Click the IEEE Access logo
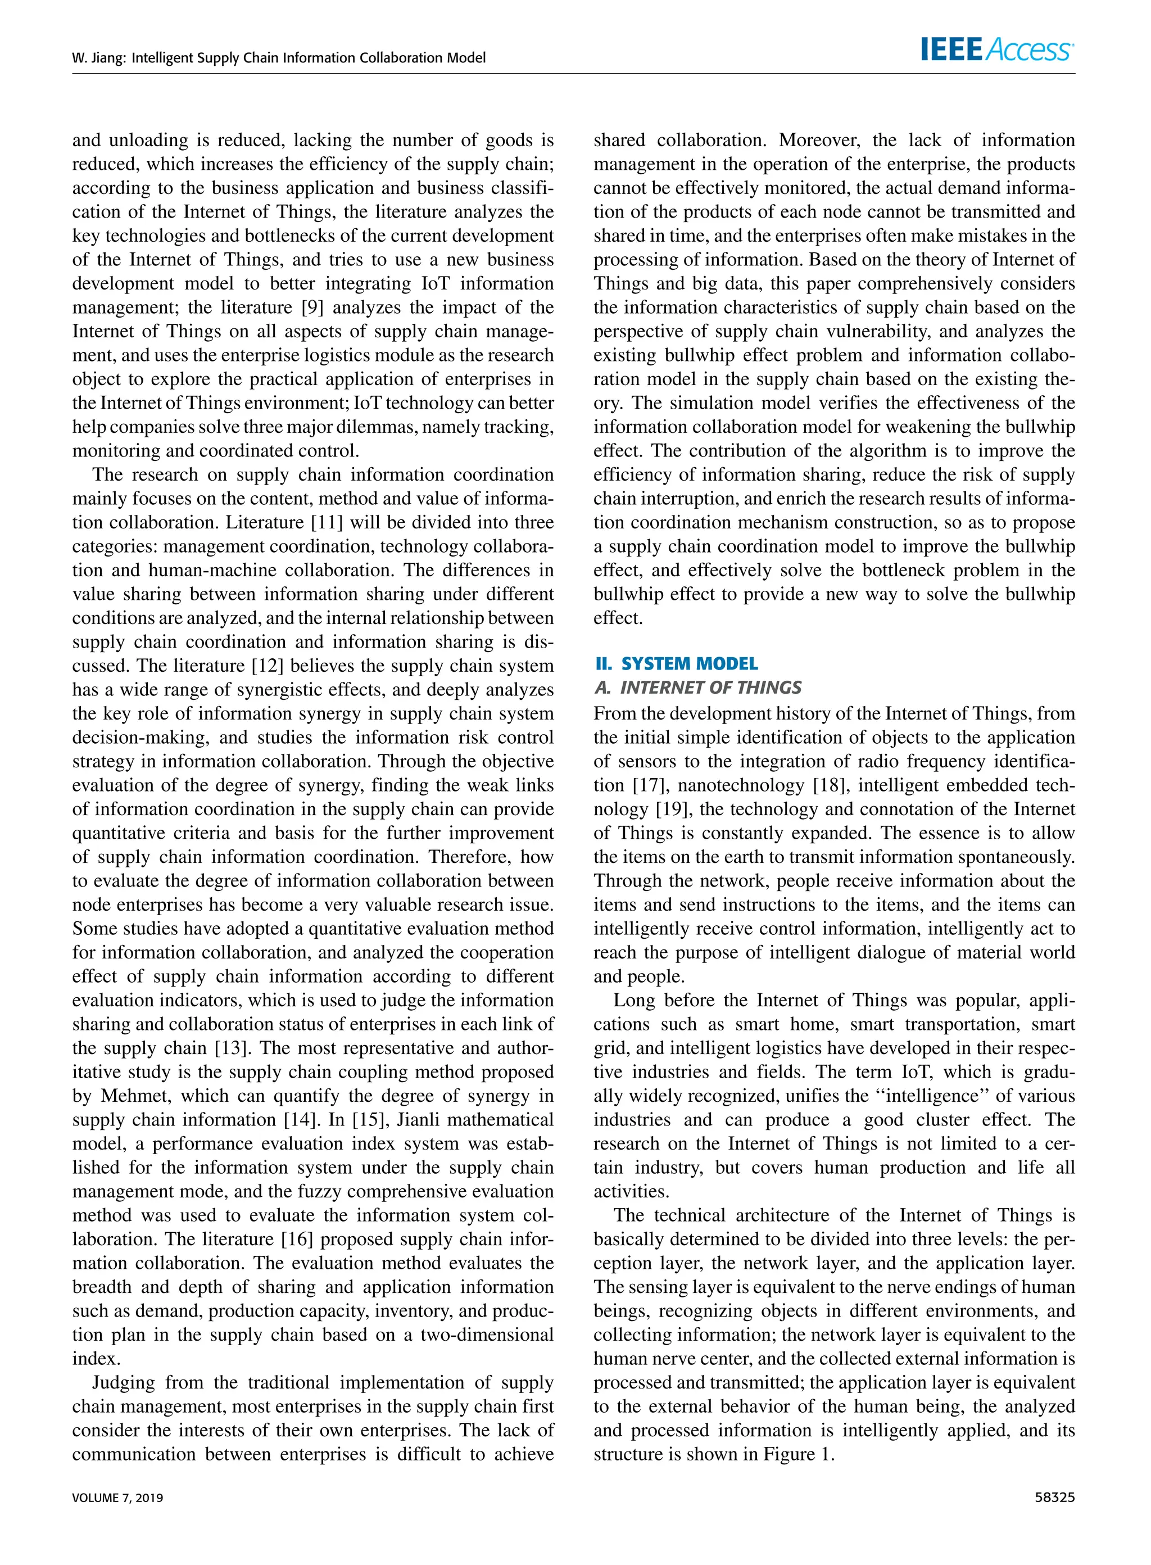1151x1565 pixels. (x=996, y=49)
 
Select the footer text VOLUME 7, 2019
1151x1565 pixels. (x=118, y=1498)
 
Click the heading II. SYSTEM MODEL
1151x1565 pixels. (x=676, y=663)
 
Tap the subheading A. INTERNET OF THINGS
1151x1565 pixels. (x=697, y=687)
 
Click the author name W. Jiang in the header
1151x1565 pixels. (x=98, y=58)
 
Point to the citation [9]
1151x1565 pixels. (x=311, y=307)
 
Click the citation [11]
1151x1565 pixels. (x=327, y=523)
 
